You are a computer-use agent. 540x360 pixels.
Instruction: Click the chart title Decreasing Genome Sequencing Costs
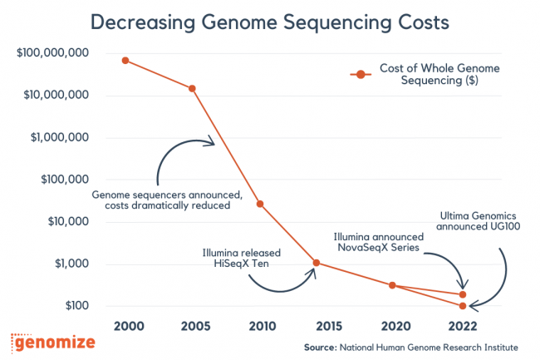(x=269, y=22)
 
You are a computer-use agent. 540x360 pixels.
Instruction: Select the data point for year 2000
(x=125, y=60)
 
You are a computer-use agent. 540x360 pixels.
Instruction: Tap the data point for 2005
(x=193, y=88)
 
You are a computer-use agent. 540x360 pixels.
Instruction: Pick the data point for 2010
(x=260, y=204)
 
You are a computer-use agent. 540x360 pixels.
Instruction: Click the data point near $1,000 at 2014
(x=316, y=263)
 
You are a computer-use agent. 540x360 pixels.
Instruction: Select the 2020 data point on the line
(x=394, y=285)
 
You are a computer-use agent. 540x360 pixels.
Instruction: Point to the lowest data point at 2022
(x=463, y=306)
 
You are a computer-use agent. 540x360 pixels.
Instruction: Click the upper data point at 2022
(x=463, y=294)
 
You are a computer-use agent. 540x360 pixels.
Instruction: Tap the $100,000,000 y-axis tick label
(x=52, y=53)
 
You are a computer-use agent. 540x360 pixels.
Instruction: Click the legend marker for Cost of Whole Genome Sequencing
(x=359, y=75)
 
